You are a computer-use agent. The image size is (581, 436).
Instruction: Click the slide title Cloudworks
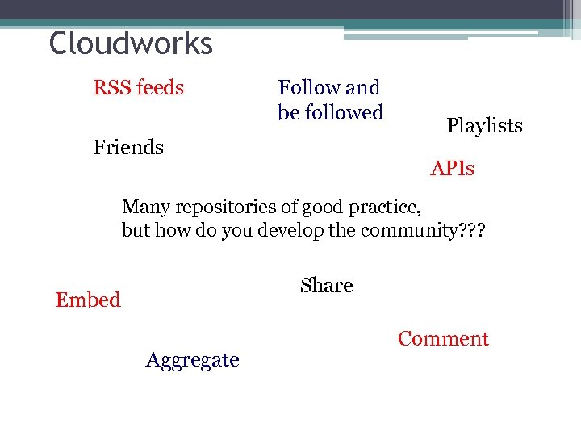click(131, 44)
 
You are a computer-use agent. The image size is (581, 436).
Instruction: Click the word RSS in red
click(111, 87)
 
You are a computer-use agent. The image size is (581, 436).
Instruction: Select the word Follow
click(309, 87)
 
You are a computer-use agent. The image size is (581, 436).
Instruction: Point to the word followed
click(343, 112)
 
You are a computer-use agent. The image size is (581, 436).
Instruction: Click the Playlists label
click(484, 126)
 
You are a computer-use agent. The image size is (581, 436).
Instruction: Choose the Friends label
click(128, 148)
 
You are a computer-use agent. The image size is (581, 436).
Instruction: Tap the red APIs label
click(452, 169)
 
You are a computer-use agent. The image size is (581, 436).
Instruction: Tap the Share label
click(326, 286)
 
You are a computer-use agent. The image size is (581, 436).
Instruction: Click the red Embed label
click(88, 300)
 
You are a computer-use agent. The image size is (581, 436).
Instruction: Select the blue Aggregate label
click(192, 360)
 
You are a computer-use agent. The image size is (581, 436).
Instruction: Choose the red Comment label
click(443, 339)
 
